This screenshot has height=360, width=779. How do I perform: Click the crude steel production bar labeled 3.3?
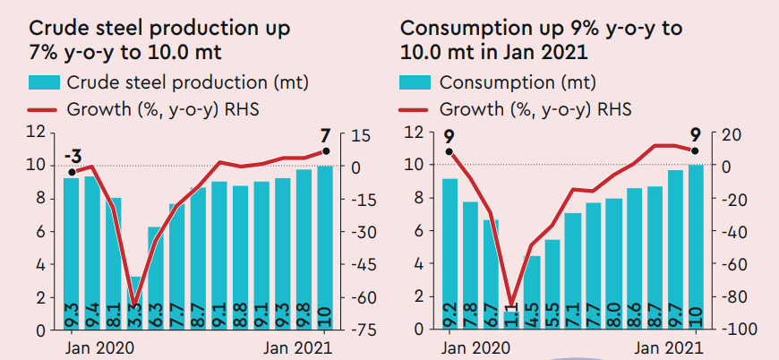coord(136,304)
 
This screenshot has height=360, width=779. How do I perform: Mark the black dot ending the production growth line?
coord(326,152)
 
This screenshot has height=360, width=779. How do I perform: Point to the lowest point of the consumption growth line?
coord(512,305)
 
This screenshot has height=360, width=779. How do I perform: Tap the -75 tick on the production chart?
coord(361,330)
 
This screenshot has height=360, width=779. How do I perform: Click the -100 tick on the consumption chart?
coord(729,330)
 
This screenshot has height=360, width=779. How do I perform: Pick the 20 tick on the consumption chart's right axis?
coord(729,134)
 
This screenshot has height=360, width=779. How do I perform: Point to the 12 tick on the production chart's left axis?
coord(37,133)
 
